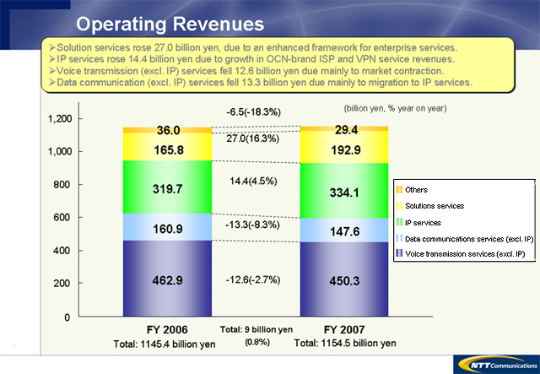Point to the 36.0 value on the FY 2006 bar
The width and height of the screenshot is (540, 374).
point(169,130)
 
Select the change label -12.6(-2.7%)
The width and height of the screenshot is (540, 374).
point(252,279)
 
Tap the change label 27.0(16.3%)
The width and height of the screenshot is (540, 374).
point(252,138)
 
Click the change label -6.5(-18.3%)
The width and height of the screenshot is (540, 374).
point(252,111)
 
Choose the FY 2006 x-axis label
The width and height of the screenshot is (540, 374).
point(169,329)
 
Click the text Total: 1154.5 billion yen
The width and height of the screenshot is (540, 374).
point(344,344)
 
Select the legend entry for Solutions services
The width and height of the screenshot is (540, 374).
point(435,205)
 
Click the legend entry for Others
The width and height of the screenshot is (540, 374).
point(417,190)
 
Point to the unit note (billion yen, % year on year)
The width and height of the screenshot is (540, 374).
point(395,108)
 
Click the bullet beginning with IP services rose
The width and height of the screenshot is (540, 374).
point(253,59)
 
